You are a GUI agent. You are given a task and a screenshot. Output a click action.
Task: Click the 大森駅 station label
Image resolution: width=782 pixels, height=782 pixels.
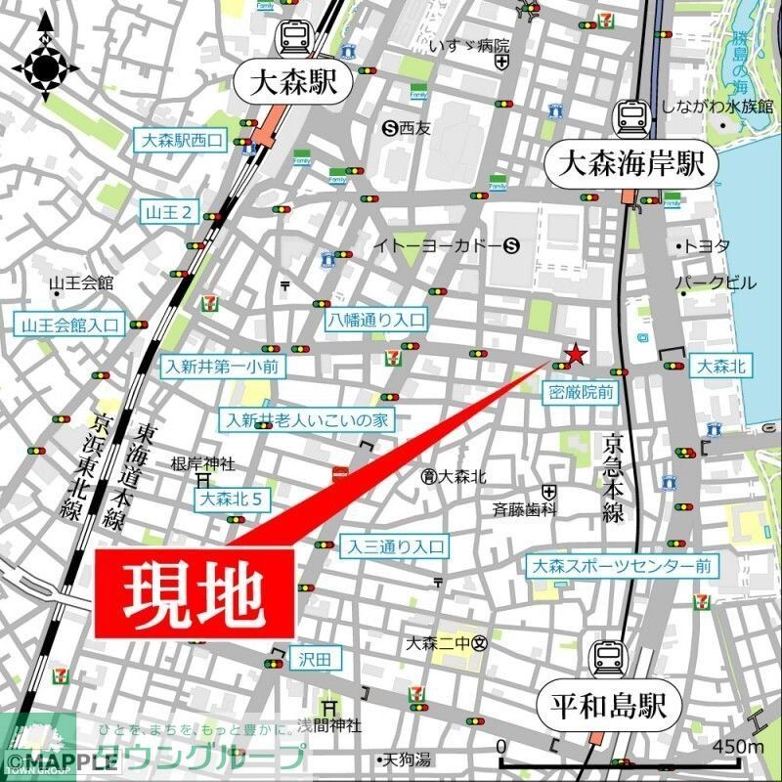point(291,83)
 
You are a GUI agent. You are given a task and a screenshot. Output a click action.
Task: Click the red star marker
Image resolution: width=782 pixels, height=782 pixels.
point(577,354)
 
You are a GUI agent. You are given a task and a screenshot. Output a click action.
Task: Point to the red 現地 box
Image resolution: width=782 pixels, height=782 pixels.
point(195,594)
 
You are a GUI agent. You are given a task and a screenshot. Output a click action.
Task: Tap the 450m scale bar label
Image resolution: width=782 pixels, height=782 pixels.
point(739,747)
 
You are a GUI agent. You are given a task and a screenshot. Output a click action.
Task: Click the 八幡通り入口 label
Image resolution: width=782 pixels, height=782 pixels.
point(376,319)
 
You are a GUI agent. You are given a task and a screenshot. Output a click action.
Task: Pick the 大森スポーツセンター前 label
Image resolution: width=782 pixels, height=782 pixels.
point(621,566)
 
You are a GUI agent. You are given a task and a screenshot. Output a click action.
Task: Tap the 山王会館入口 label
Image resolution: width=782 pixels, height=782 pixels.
point(70,325)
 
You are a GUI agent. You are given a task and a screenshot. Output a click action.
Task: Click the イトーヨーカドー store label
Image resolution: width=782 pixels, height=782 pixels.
point(437,246)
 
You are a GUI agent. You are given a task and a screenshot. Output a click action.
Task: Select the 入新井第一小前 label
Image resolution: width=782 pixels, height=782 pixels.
point(223,367)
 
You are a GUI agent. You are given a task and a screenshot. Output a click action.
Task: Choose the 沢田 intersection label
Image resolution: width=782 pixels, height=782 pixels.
point(316,660)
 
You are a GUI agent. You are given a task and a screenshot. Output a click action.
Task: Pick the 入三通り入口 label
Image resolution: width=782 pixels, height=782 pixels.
point(394,546)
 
